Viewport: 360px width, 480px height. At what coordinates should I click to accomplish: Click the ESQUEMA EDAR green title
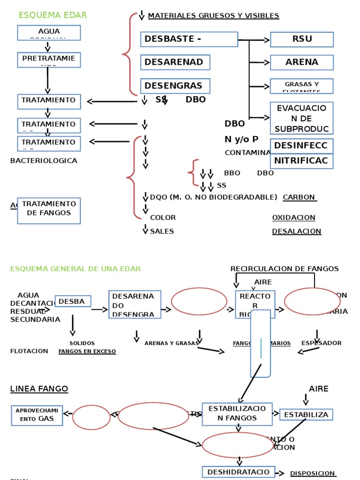point(52,15)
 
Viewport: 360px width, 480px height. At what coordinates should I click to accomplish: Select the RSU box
point(301,39)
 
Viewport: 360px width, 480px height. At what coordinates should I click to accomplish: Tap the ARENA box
point(301,62)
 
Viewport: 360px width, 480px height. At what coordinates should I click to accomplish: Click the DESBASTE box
point(189,39)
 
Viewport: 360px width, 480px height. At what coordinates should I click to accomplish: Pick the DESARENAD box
point(175,62)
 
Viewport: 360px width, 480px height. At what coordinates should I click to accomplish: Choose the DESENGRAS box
point(175,86)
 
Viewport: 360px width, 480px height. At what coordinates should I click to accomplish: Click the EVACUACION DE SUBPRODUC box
point(301,118)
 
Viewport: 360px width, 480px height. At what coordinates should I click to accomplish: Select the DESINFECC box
point(301,146)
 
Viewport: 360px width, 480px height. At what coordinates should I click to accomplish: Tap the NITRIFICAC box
point(301,161)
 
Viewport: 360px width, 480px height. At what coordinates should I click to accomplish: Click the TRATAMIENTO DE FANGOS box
point(49,210)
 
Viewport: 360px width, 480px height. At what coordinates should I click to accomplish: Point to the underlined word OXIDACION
point(293,217)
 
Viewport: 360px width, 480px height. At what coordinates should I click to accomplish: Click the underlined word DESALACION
point(296,231)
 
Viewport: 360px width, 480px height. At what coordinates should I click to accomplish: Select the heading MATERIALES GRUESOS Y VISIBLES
point(213,16)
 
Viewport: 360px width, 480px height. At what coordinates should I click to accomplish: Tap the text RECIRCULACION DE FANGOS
point(284,269)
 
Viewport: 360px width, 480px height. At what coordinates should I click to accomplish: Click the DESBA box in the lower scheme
point(73,301)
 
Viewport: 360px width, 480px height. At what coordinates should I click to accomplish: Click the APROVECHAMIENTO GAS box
point(37,415)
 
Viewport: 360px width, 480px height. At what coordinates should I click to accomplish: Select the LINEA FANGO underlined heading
point(39,389)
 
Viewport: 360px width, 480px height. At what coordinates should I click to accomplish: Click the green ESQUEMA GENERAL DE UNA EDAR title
point(75,269)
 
